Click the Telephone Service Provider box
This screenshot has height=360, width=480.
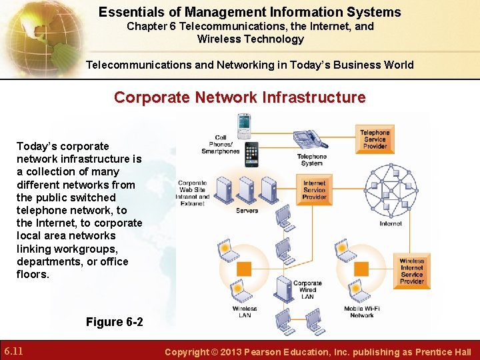[x=375, y=139]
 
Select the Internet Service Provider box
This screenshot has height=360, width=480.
[x=314, y=190]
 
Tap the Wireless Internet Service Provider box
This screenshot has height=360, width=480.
[x=411, y=271]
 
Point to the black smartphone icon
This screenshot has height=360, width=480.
[x=251, y=155]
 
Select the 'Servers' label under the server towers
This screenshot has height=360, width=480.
[x=247, y=211]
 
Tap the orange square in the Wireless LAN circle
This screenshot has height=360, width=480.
[x=244, y=269]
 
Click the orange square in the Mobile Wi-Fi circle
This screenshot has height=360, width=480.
[x=362, y=269]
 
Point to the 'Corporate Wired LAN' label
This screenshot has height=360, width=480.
[x=307, y=289]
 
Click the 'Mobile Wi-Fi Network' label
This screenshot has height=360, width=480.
[x=362, y=312]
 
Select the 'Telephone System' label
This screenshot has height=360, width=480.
[x=311, y=160]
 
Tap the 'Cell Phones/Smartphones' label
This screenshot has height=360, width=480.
[x=221, y=145]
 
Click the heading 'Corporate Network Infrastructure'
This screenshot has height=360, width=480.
[x=239, y=97]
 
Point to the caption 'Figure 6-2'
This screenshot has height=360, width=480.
[x=114, y=322]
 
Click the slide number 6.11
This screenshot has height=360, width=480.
[x=15, y=351]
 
